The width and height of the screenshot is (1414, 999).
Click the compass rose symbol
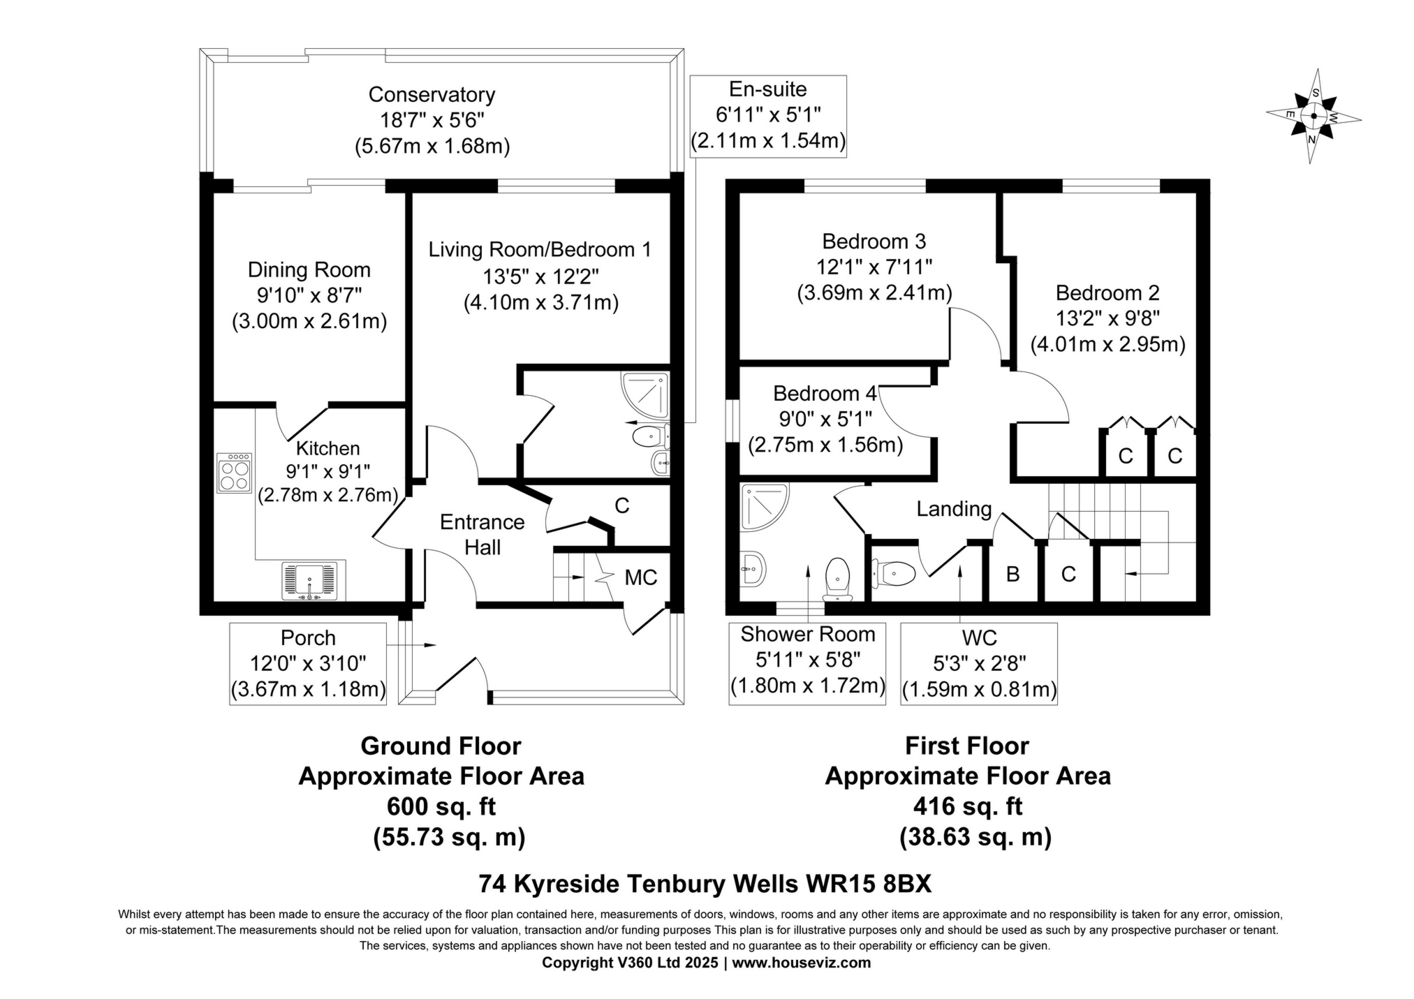[x=1313, y=117]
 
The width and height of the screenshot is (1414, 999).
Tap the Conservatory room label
[x=432, y=95]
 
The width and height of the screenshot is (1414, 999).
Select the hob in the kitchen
[x=234, y=473]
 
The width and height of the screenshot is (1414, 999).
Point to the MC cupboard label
[x=640, y=577]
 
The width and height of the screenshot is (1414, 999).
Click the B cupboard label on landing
[x=1012, y=574]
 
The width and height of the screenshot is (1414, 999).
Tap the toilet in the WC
[x=894, y=574]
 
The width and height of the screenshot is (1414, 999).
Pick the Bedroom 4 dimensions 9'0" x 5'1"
[x=825, y=419]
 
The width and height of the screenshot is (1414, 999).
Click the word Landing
[x=954, y=509]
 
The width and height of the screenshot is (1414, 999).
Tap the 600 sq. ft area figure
[x=441, y=806]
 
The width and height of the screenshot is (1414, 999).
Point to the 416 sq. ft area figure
[x=967, y=806]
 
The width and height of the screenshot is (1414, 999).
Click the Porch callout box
[x=308, y=663]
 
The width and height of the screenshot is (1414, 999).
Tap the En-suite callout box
[x=767, y=116]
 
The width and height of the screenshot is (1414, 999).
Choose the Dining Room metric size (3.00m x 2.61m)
[x=309, y=321]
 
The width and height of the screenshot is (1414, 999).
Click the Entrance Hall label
[x=482, y=534]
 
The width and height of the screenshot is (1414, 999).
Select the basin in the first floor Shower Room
[x=753, y=568]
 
